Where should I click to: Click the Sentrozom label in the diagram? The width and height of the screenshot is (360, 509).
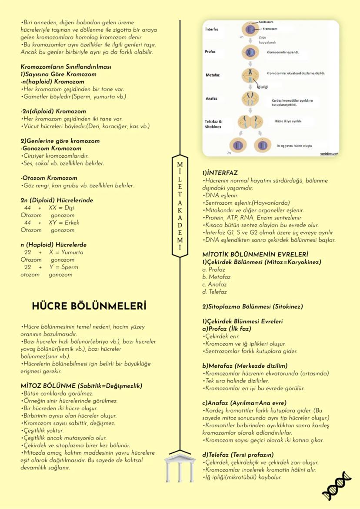pyautogui.click(x=266, y=21)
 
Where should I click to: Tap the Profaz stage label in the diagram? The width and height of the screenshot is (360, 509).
pyautogui.click(x=210, y=52)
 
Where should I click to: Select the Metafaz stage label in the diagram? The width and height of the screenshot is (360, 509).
pyautogui.click(x=212, y=75)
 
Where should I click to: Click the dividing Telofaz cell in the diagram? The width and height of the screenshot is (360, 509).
pyautogui.click(x=250, y=122)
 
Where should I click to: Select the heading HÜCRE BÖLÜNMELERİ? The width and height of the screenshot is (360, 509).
pyautogui.click(x=89, y=306)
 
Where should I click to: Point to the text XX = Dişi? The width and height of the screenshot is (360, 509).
pyautogui.click(x=61, y=208)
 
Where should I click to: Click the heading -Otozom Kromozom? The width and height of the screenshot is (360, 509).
pyautogui.click(x=49, y=178)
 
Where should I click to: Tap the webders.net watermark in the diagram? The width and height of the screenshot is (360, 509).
pyautogui.click(x=329, y=153)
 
